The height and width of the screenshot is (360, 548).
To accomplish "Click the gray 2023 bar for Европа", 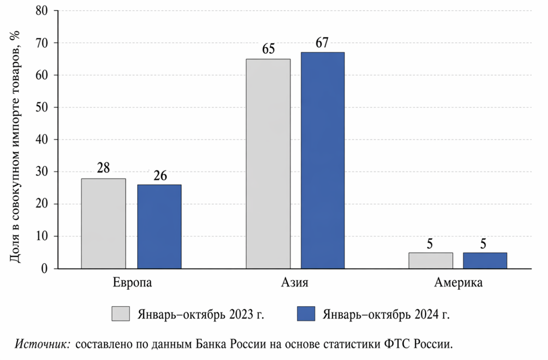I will click(103, 224).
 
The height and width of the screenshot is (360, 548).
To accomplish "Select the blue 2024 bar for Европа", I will click(159, 227).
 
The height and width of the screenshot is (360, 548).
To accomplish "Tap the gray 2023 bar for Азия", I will click(268, 164).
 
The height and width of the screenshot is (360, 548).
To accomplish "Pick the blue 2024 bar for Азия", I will click(323, 160).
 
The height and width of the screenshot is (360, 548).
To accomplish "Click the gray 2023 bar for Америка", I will click(430, 260).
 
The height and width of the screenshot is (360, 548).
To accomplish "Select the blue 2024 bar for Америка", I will click(485, 260).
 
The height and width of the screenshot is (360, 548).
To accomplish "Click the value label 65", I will click(268, 50).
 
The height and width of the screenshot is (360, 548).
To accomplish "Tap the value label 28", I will click(103, 169).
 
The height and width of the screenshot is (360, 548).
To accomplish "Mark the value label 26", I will click(159, 176).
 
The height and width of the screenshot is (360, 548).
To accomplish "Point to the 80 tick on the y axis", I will click(42, 11).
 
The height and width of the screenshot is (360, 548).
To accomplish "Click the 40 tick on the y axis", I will click(42, 140).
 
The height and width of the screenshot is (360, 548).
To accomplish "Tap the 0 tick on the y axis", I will click(45, 269).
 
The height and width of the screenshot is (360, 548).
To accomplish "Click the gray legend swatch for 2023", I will click(121, 314).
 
